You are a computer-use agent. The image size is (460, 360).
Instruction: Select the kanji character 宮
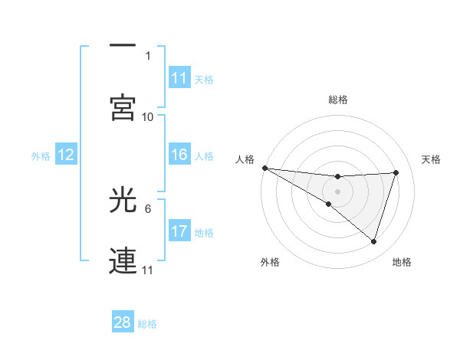[123, 107]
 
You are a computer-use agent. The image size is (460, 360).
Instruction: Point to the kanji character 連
[123, 260]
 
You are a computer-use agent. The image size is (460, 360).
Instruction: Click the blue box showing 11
[179, 78]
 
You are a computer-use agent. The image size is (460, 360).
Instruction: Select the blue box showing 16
[179, 155]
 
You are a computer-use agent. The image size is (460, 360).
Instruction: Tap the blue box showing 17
[179, 231]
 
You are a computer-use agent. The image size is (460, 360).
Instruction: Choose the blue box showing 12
[66, 155]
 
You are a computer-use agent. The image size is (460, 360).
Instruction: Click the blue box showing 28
[123, 322]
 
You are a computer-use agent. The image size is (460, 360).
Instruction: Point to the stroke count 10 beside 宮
[148, 116]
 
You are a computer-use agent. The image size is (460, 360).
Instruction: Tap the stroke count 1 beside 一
[148, 56]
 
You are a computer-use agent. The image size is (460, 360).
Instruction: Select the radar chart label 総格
[338, 100]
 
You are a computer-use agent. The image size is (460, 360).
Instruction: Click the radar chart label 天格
[432, 159]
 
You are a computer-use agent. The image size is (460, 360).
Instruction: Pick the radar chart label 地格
[402, 262]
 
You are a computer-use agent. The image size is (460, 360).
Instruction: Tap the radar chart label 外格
[270, 262]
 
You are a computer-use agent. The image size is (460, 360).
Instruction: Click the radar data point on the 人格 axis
[264, 168]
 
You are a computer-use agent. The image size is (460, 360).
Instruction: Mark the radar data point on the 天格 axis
[396, 172]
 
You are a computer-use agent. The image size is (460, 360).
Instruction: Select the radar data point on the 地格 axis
[374, 241]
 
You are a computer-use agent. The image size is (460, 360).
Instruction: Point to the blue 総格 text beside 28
[147, 324]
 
